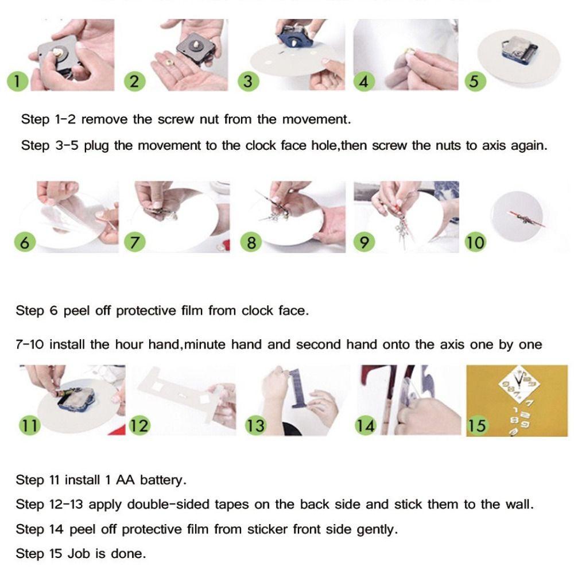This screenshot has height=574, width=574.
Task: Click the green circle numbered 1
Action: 18,81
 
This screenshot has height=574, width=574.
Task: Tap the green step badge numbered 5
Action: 475,81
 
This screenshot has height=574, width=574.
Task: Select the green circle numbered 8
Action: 251,242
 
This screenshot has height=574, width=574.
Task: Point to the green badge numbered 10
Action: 475,242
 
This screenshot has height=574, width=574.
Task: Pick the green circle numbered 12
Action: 139,425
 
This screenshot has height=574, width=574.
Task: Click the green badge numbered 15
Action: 477,425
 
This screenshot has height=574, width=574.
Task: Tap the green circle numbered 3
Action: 248,81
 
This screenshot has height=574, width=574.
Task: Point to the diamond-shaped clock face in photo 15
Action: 519,383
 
